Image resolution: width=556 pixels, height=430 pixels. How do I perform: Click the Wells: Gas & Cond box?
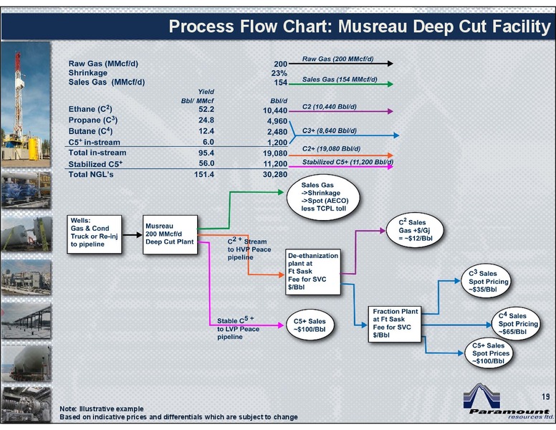(95, 234)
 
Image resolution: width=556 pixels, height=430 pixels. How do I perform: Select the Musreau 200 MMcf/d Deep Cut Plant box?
(170, 234)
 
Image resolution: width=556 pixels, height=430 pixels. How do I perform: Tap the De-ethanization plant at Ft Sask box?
(312, 272)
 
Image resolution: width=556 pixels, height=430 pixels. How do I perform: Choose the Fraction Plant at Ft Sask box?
(395, 324)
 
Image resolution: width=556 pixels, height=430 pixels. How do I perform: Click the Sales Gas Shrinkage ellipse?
(323, 197)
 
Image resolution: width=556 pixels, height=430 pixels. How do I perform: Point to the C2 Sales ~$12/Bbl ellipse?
(415, 230)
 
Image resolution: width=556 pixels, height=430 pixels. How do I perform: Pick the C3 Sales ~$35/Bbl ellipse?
(486, 281)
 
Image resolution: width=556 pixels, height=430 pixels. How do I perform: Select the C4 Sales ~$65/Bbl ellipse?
(517, 323)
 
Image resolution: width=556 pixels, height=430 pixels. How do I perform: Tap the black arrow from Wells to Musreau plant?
(133, 235)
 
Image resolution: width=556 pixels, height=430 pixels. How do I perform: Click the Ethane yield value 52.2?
(206, 109)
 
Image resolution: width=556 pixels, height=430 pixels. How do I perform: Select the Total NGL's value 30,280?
(275, 174)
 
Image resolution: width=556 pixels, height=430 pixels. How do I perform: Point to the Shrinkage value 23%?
(279, 73)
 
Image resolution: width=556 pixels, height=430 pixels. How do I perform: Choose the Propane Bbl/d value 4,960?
(277, 121)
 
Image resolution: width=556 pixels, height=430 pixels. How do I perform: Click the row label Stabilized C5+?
(95, 164)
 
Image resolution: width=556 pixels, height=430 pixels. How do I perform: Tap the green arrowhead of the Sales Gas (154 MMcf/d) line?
(390, 84)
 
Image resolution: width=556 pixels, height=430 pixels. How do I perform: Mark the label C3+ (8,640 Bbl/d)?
(330, 130)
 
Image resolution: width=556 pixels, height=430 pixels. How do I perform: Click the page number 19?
(546, 396)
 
